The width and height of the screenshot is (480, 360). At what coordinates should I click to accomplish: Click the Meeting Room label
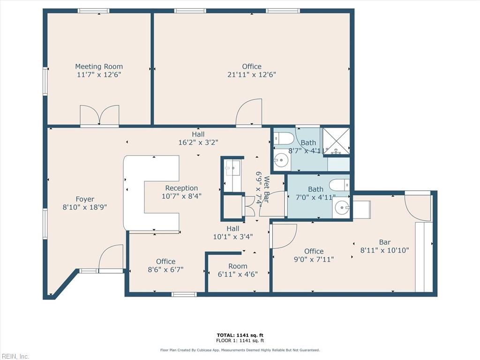click(x=99, y=67)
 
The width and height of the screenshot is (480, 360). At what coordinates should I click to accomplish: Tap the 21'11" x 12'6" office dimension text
click(x=252, y=75)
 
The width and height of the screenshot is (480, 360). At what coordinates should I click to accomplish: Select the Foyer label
click(x=85, y=199)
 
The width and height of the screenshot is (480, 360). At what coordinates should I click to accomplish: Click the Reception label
click(x=181, y=188)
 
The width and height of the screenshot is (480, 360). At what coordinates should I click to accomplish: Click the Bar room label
click(x=384, y=242)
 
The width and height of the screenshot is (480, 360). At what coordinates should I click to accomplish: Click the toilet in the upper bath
click(x=284, y=138)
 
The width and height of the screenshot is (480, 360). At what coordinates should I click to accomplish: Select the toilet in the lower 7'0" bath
click(x=339, y=185)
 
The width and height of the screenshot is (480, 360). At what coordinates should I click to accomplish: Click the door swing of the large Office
click(x=248, y=113)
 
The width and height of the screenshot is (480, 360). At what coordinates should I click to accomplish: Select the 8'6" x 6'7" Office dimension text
click(x=165, y=270)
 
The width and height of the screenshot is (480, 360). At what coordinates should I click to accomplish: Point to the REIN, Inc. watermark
click(x=15, y=356)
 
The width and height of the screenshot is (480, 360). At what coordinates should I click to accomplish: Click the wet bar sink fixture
click(x=232, y=167)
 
